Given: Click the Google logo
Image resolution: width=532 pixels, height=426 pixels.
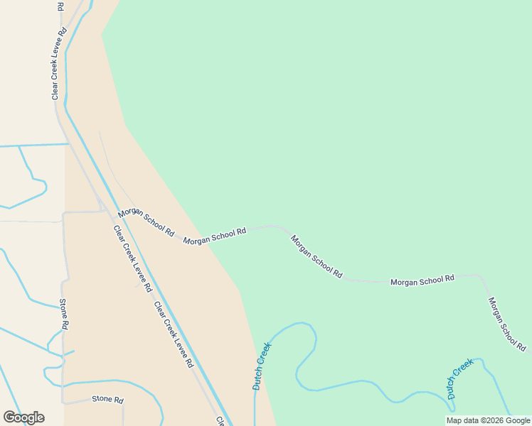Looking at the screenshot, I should (23, 417).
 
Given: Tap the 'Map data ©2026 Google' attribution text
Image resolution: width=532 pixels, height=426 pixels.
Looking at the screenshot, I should (488, 420).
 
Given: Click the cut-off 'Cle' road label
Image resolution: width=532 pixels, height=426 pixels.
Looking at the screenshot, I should (221, 421).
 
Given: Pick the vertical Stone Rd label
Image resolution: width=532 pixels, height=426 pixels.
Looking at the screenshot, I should (63, 314).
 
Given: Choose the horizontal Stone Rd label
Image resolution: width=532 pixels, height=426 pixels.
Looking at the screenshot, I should (107, 400).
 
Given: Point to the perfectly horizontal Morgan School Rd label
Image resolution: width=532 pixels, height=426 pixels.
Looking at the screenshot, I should (422, 281).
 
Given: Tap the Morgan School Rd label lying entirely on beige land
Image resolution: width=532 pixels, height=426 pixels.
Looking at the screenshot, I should (146, 223).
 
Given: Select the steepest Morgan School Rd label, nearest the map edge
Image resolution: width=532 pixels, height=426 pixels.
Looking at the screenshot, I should (507, 324).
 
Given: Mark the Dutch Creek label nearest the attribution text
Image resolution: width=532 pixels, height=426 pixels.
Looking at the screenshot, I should (460, 378).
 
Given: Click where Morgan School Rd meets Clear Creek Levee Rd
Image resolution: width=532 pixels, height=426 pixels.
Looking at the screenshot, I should (106, 211).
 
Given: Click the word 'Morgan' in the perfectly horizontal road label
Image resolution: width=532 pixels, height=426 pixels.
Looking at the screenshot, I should (404, 282).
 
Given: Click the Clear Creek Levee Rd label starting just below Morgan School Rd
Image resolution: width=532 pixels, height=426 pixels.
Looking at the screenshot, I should (133, 259).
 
